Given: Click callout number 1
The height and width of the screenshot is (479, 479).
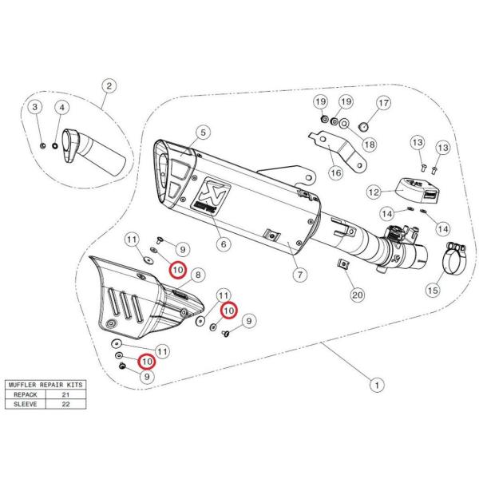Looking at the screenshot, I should (374, 385).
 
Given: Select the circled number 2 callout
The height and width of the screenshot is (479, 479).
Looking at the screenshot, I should (109, 86).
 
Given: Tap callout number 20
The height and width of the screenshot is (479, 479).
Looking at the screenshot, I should (357, 295).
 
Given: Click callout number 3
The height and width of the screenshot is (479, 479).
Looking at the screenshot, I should (35, 106).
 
